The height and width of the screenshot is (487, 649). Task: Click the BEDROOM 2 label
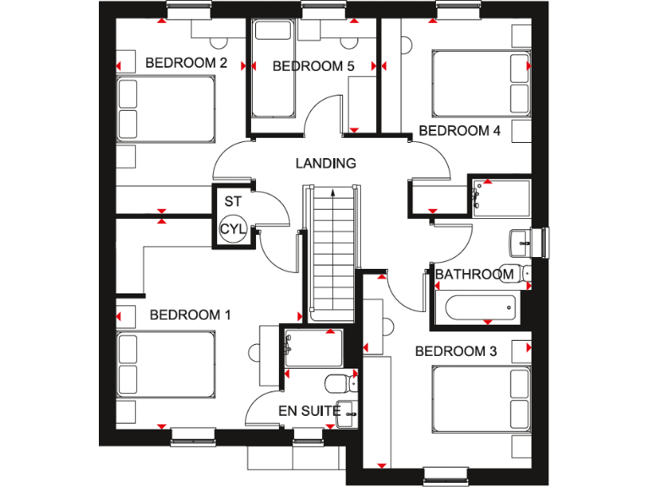pyautogui.click(x=187, y=63)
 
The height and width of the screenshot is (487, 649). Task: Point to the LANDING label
pyautogui.click(x=325, y=163)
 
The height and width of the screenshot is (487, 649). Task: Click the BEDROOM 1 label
pyautogui.click(x=190, y=315)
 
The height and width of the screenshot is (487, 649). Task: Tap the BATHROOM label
pyautogui.click(x=474, y=274)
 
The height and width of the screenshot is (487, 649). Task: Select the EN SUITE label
pyautogui.click(x=309, y=412)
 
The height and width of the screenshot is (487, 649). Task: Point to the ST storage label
pyautogui.click(x=232, y=202)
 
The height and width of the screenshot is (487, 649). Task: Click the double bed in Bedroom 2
pyautogui.click(x=167, y=108)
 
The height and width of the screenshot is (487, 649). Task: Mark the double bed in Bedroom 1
pyautogui.click(x=166, y=364)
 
